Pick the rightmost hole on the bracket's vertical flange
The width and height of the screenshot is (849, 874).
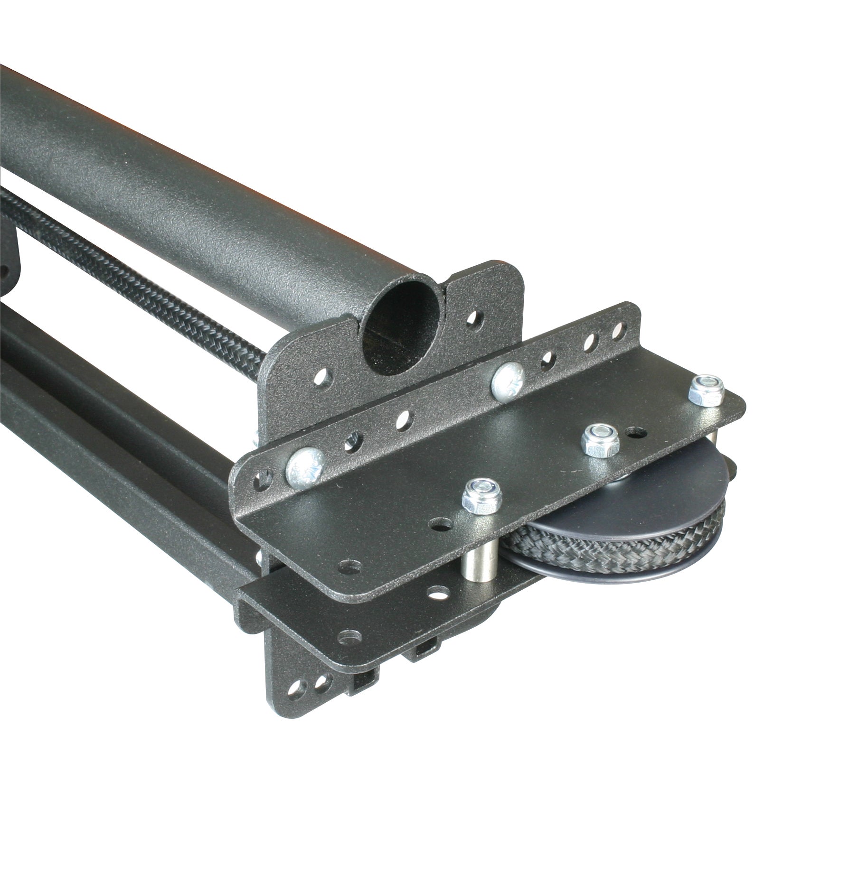[x=616, y=329]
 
